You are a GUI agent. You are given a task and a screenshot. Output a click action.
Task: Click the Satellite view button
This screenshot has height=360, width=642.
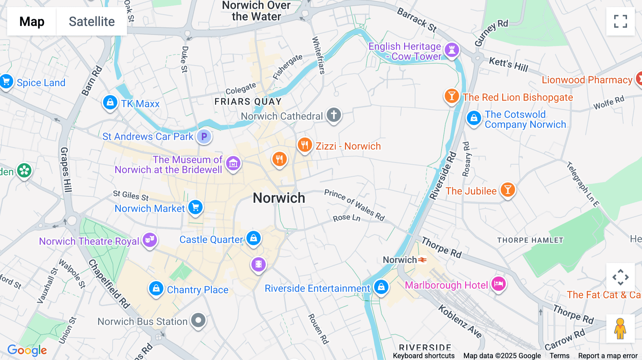92,21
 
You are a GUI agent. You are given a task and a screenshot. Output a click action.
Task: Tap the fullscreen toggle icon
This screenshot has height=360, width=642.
620,21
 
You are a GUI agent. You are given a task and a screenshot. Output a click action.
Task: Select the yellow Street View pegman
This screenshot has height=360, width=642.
620,328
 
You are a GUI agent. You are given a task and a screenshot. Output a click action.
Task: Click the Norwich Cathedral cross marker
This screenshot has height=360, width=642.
334,115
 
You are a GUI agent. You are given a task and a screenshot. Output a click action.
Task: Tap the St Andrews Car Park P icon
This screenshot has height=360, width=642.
204,137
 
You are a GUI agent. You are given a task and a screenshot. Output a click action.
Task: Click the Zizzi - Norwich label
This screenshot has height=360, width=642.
348,146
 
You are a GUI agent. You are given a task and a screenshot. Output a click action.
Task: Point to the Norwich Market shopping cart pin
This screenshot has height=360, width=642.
195,207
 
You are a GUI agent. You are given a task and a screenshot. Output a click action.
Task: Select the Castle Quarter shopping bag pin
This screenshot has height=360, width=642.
254,238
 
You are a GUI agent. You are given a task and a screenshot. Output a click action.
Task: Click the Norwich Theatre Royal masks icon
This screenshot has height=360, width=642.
150,240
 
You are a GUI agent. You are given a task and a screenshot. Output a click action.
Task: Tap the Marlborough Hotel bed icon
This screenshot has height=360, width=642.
499,284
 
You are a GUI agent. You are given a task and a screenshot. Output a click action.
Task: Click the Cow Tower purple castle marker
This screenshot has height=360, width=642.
452,50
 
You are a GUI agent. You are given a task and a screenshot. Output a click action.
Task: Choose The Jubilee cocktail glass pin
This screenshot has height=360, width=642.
508,190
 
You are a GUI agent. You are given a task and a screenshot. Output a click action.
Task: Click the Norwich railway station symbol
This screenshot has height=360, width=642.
422,260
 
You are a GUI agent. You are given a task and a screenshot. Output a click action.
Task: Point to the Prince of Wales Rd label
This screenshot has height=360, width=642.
354,205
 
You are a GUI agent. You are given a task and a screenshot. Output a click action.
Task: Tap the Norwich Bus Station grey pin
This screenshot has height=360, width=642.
198,320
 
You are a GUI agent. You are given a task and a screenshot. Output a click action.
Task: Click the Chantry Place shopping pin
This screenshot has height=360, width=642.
156,288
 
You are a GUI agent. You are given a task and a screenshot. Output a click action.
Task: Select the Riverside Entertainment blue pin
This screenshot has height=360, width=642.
381,287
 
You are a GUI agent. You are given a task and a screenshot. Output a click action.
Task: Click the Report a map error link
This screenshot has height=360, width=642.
607,355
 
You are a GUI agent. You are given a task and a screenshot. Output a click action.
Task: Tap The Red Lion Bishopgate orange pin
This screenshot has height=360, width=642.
452,96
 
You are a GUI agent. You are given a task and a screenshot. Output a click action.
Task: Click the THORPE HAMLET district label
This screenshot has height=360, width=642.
530,240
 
